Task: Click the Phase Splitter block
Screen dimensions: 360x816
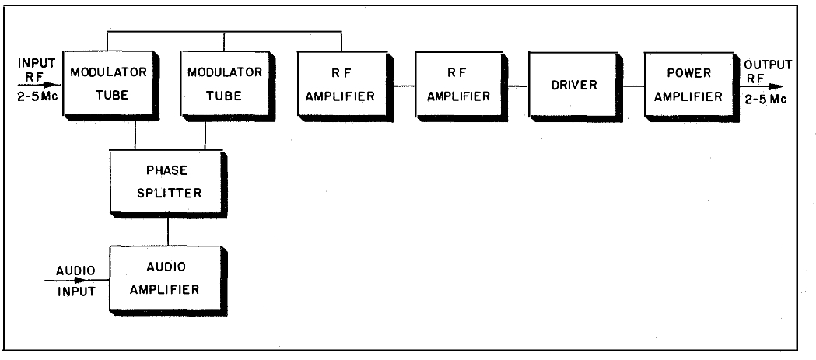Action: [167, 181]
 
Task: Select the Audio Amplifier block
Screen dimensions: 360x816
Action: [167, 278]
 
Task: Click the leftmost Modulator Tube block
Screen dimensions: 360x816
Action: [99, 85]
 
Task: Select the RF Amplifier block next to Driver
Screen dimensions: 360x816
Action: [453, 85]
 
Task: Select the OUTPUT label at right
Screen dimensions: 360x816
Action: [767, 65]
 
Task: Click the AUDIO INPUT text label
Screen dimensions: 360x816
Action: [75, 281]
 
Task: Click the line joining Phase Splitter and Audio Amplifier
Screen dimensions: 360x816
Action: [168, 230]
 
